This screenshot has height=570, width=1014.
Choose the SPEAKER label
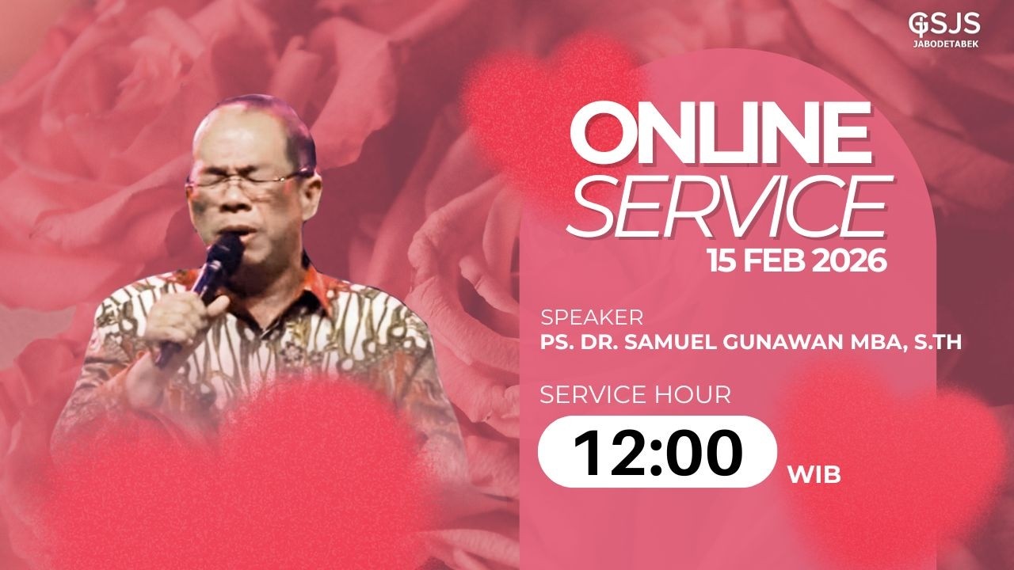591,318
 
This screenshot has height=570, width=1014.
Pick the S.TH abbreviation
937,342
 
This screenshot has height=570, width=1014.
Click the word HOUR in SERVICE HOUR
695,394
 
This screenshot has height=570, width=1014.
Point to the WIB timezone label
814,475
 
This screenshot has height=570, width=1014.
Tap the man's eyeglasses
247,183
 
